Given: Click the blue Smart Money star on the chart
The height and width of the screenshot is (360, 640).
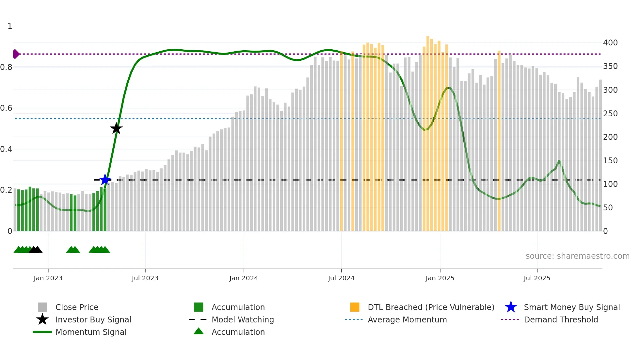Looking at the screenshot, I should coord(105,180).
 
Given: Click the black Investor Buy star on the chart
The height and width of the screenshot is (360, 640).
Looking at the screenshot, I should coord(116,128).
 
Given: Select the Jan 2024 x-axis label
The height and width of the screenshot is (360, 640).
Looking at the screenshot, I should coord(244,278).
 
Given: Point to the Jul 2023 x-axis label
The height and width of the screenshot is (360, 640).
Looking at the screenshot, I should coord(145,278).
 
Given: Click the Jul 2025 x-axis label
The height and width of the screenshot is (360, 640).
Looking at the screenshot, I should coord(537,278).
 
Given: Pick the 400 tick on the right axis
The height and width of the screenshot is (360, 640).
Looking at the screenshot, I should coord(610,43).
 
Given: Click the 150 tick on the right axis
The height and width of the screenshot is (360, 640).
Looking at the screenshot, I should coord(610,161).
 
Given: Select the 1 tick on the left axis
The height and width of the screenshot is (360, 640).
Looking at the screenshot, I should coord(10,26).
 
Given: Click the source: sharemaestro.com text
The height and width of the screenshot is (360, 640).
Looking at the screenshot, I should coord(577,256).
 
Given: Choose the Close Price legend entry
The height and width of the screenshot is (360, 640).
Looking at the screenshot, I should coord(77,307).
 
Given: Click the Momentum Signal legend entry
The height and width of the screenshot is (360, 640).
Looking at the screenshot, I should coord(91,332).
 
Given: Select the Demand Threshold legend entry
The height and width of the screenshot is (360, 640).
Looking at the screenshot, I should coord(561,320).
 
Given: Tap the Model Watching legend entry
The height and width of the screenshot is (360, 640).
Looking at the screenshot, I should coord(243,320).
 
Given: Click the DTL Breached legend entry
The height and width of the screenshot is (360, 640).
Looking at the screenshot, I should coord(431,307).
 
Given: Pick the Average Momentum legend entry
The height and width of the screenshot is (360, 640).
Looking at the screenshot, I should coord(407,320).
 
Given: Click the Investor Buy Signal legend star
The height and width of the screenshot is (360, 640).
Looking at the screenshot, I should coord(42,319).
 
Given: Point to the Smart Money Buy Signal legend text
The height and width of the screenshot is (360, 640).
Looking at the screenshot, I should coord(572,307).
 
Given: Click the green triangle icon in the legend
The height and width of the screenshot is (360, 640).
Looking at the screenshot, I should coord(199,332).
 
